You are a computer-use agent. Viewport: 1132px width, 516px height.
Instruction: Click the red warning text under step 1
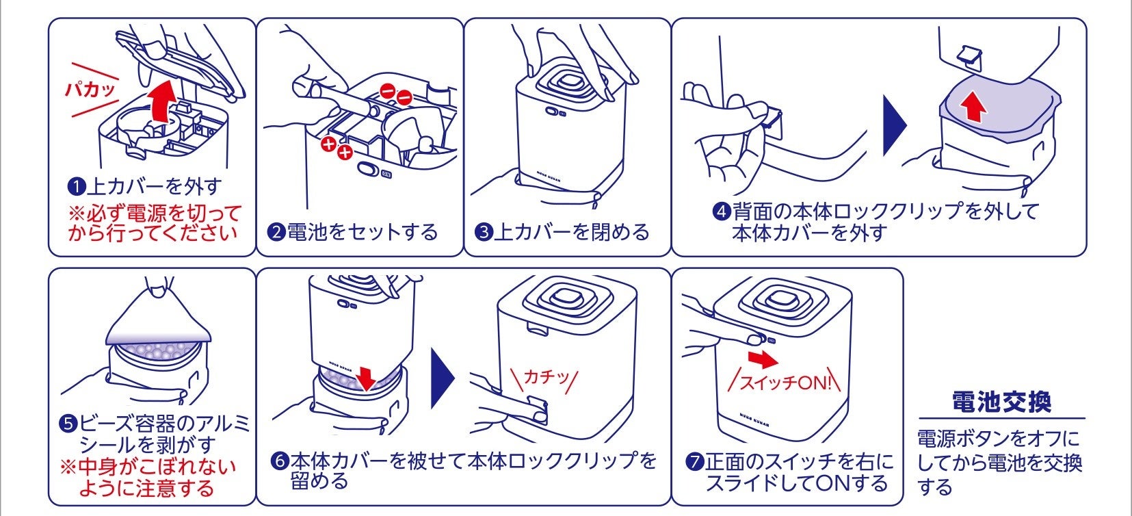click(155, 222)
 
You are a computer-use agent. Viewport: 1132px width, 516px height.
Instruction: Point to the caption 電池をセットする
click(362, 232)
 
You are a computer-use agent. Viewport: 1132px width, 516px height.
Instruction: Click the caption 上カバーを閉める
click(570, 232)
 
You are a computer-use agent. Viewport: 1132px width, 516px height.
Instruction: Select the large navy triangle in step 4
click(894, 125)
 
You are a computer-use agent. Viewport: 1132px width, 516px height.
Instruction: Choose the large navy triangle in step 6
click(443, 378)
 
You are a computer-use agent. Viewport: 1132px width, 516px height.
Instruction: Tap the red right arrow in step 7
click(763, 360)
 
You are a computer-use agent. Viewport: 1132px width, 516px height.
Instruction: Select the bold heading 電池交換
click(1001, 402)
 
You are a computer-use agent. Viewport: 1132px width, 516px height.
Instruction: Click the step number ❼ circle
click(695, 462)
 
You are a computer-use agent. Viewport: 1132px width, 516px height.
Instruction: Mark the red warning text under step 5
click(148, 478)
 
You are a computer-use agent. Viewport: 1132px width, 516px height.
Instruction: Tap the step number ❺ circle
click(69, 424)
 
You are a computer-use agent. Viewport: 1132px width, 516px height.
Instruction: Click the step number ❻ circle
click(280, 461)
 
